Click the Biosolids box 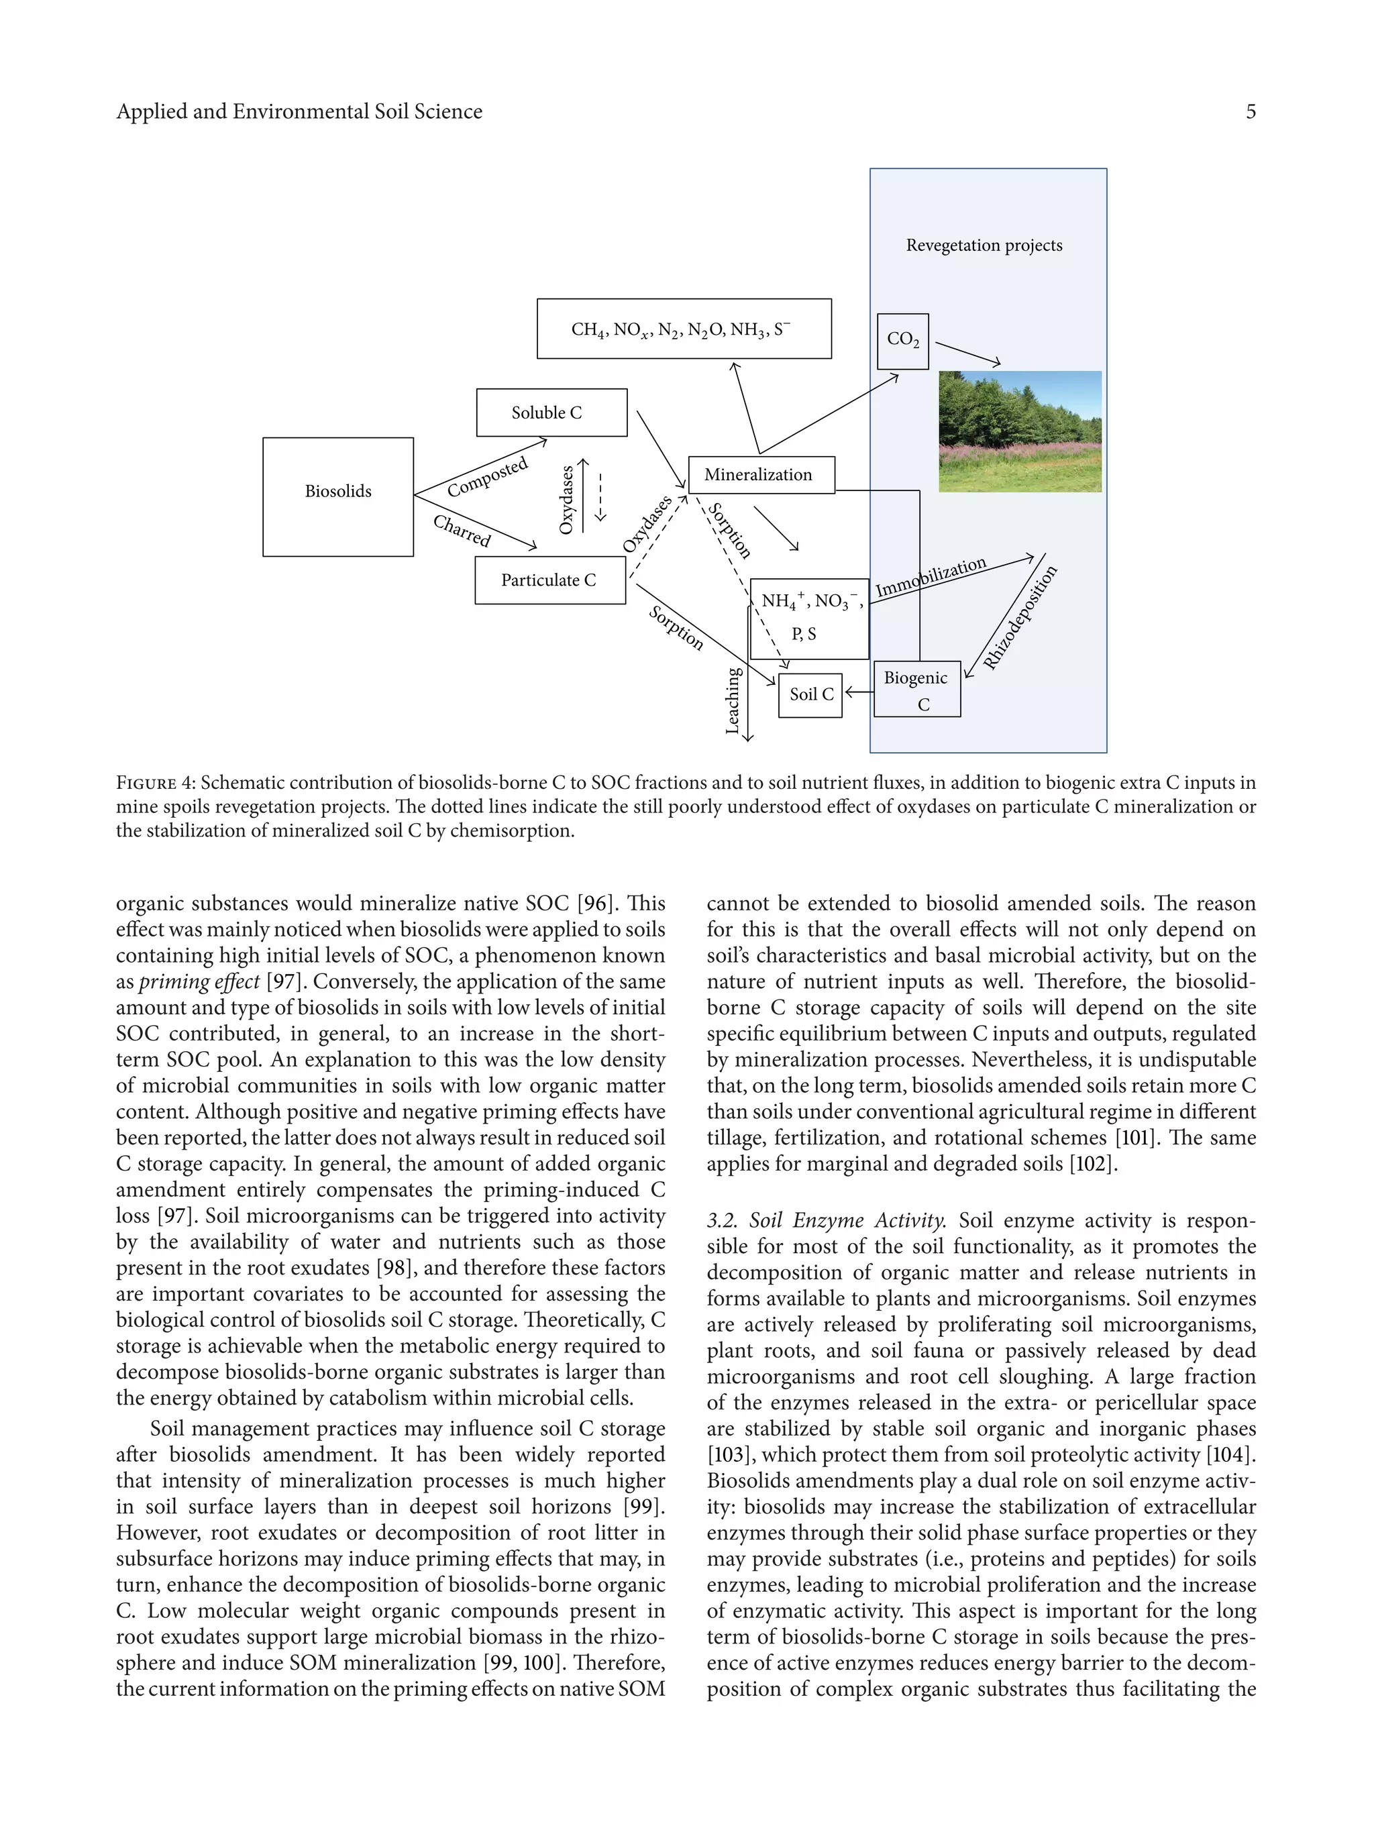[338, 496]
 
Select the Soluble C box [551, 412]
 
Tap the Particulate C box [550, 580]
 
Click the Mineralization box [761, 474]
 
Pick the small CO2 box [903, 340]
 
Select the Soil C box [810, 695]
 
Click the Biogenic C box [917, 689]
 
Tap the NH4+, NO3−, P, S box [809, 618]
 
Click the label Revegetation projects [984, 245]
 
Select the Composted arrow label [487, 478]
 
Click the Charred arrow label [462, 531]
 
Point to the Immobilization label [931, 576]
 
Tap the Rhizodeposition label [1020, 617]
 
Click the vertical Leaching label [732, 700]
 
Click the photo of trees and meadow [1020, 431]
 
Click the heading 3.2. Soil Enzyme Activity [826, 1221]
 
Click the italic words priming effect [199, 982]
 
